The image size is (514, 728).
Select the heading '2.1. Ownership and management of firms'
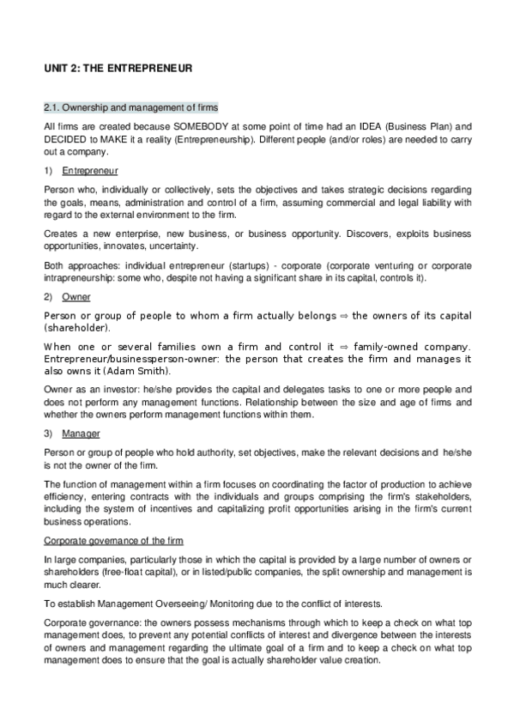point(130,107)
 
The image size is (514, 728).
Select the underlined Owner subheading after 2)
point(75,296)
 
